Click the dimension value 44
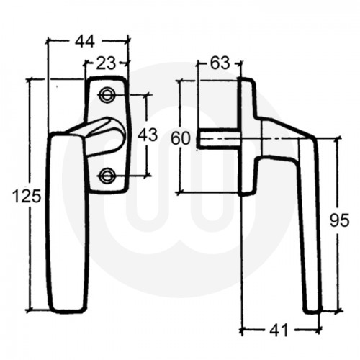88,42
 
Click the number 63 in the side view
220,63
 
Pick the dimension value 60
181,137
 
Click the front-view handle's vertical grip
67,223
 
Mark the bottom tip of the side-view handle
312,310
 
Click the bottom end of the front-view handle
66,307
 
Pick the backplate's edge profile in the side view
246,137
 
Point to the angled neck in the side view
281,133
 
